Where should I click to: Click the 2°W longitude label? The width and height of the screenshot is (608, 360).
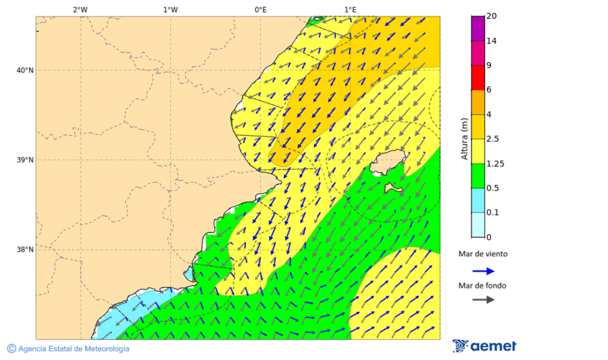(x=80, y=9)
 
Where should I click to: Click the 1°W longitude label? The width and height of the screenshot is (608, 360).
(x=170, y=9)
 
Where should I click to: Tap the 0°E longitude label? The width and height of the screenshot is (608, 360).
(x=260, y=9)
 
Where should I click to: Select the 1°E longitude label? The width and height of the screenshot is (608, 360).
(x=350, y=9)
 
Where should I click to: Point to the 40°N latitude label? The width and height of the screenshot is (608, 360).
(x=25, y=70)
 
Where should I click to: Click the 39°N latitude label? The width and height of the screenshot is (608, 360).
(x=25, y=160)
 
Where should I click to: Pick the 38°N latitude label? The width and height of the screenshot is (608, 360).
(x=25, y=250)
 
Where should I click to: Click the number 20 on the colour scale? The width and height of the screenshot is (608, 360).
(x=492, y=16)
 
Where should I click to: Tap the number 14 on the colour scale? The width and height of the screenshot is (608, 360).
(x=492, y=41)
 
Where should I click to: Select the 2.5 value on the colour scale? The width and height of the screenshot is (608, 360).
(x=493, y=139)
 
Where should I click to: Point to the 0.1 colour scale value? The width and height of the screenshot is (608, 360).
(x=493, y=213)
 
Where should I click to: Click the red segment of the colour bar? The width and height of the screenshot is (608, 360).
(x=478, y=78)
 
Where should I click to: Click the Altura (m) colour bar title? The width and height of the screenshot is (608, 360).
(x=464, y=138)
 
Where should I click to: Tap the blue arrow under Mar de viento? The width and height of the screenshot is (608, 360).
(x=483, y=271)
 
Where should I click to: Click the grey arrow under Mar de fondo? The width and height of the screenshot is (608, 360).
(x=483, y=300)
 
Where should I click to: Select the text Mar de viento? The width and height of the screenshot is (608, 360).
(x=482, y=255)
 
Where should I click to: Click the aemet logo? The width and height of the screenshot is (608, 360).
(x=484, y=346)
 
